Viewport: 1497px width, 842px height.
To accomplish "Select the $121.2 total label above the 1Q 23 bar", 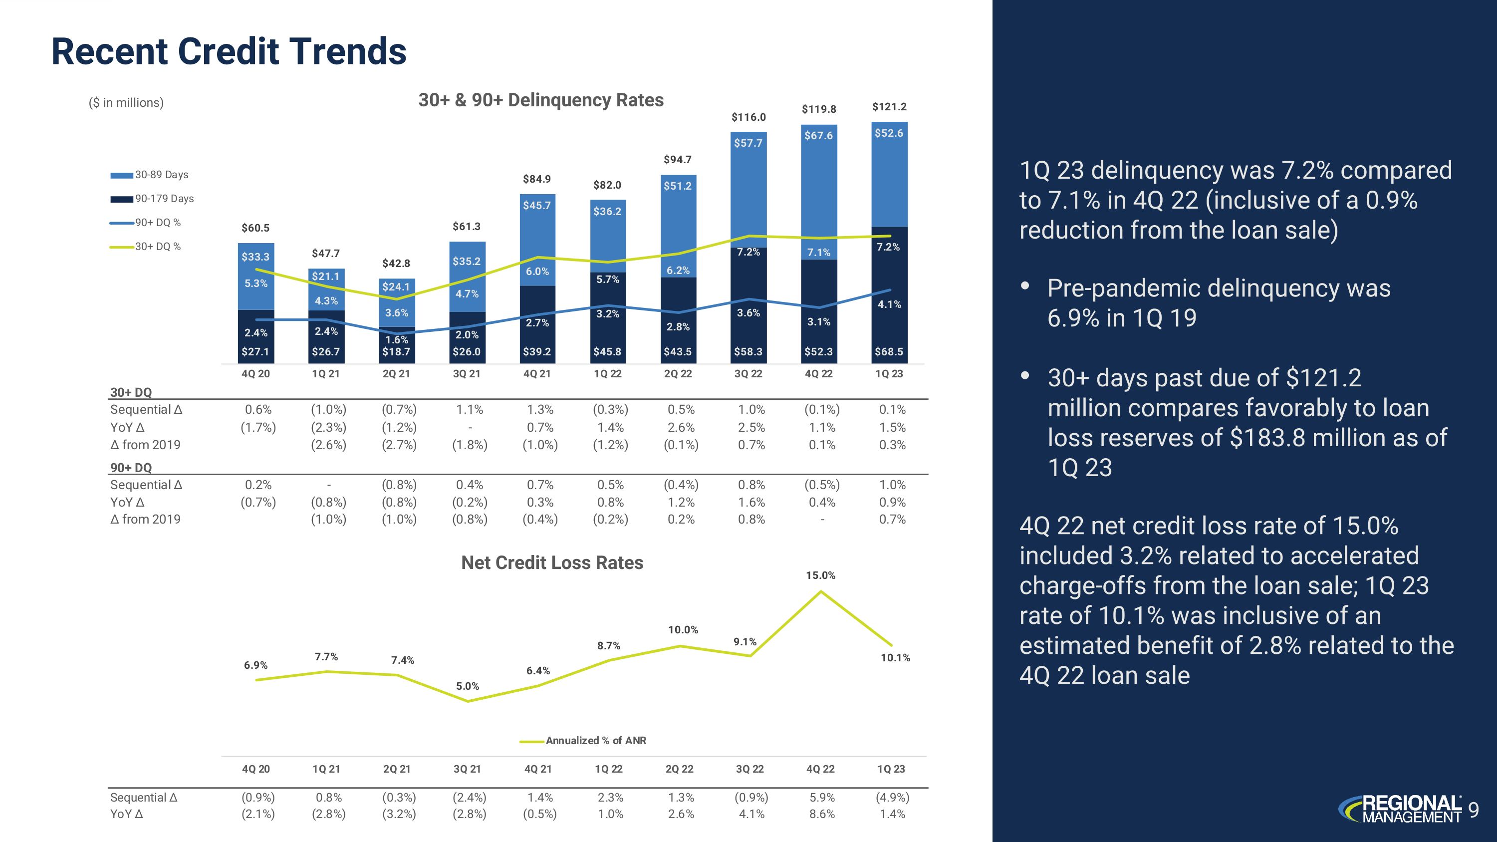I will click(x=889, y=106).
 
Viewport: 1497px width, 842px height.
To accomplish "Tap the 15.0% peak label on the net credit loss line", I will click(x=820, y=575).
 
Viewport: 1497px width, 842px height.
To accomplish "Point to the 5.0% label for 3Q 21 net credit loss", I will click(x=467, y=686).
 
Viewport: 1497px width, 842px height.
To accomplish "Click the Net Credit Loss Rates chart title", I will click(x=551, y=562).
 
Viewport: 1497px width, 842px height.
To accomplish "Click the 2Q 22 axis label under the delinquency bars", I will click(x=678, y=374).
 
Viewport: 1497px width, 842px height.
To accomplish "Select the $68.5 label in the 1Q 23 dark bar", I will click(x=889, y=351).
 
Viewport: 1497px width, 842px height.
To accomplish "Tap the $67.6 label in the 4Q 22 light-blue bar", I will click(x=818, y=135).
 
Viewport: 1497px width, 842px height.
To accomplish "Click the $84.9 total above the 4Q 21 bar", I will click(x=536, y=179).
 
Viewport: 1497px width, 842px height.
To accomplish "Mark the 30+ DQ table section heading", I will click(x=131, y=392).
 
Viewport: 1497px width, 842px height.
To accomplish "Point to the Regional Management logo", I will click(x=1401, y=810).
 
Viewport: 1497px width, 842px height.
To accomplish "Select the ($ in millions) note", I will click(x=126, y=103).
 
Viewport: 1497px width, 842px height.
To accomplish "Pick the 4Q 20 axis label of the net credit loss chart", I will click(x=255, y=769).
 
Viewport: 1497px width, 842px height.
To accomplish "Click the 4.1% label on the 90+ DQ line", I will click(x=889, y=304).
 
